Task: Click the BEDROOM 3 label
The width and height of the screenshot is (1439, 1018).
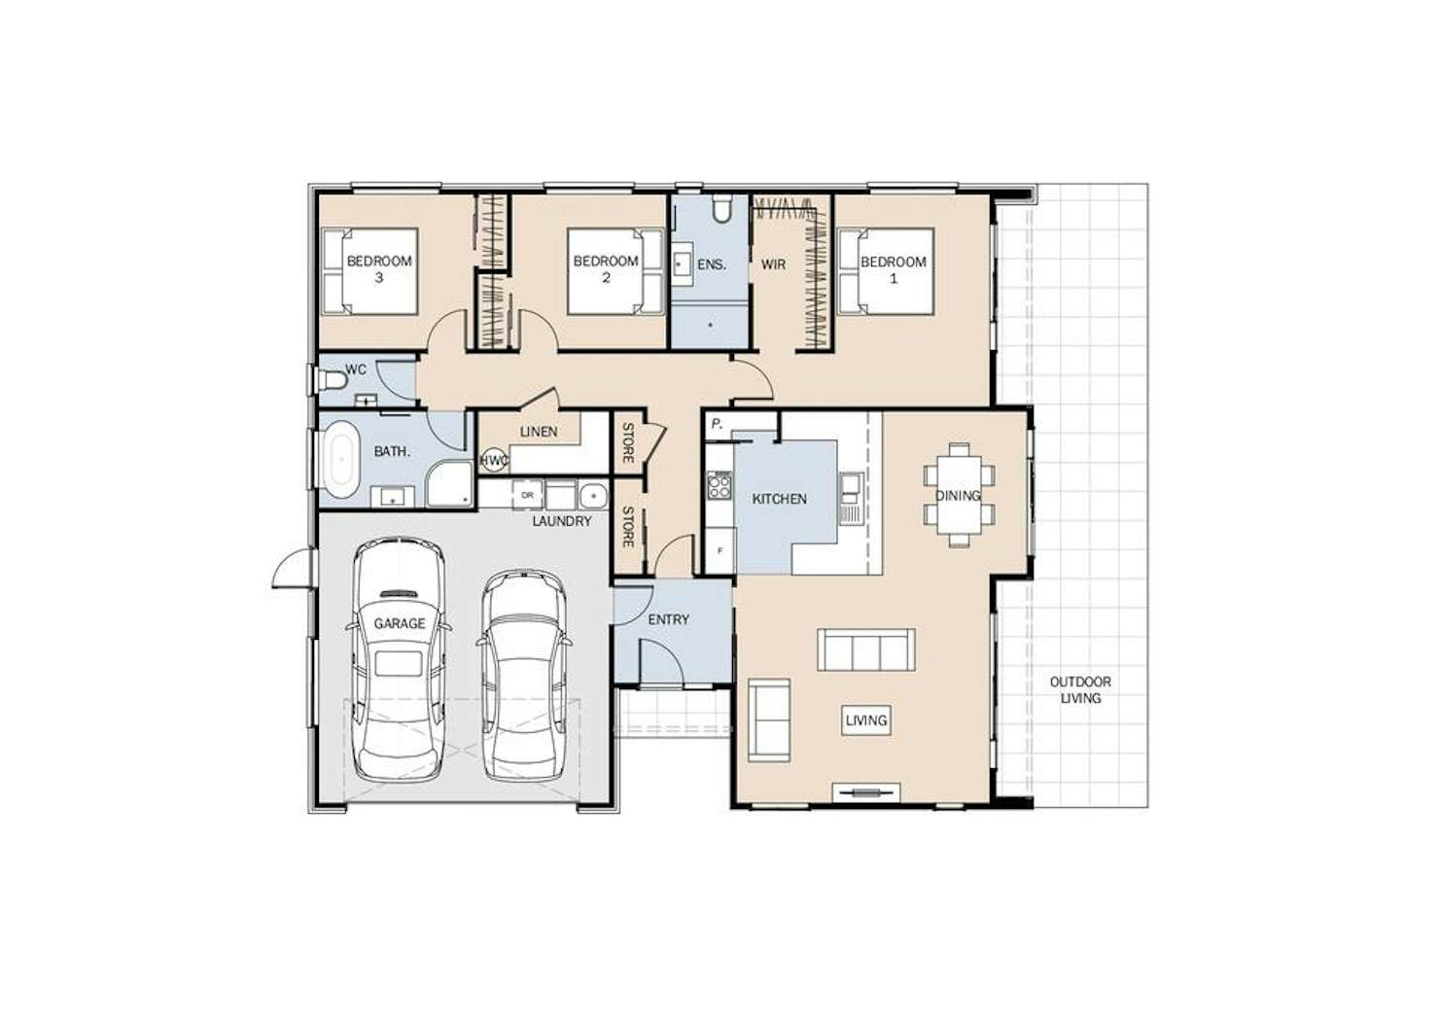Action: (x=379, y=269)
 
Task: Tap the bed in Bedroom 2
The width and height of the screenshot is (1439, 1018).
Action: (x=615, y=271)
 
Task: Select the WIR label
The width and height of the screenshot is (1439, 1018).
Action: (x=774, y=264)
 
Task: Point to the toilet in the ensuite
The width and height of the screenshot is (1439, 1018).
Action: (x=722, y=209)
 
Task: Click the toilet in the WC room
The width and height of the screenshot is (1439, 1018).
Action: (x=333, y=381)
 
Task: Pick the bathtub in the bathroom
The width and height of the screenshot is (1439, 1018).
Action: (x=341, y=459)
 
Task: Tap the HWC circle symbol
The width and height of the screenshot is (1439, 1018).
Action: (x=494, y=460)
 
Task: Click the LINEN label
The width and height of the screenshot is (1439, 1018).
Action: (x=539, y=433)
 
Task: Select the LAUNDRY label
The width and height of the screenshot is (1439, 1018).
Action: (x=561, y=521)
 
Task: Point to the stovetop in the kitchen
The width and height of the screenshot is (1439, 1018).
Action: (x=719, y=485)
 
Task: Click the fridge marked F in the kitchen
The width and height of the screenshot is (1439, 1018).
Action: (x=720, y=550)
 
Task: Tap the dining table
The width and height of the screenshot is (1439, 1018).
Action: (x=959, y=495)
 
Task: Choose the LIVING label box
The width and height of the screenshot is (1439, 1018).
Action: (x=866, y=720)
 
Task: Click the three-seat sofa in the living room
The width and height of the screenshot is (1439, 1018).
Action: (x=866, y=649)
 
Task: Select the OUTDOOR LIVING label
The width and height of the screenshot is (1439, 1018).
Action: (x=1080, y=689)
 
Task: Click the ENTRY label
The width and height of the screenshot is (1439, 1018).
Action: (x=669, y=619)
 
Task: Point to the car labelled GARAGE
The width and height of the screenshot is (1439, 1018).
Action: (x=399, y=659)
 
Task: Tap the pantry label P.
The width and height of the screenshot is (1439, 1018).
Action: (x=717, y=425)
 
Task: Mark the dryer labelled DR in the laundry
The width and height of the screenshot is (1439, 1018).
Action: (x=527, y=495)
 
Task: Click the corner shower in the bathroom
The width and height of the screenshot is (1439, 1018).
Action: (x=448, y=483)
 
